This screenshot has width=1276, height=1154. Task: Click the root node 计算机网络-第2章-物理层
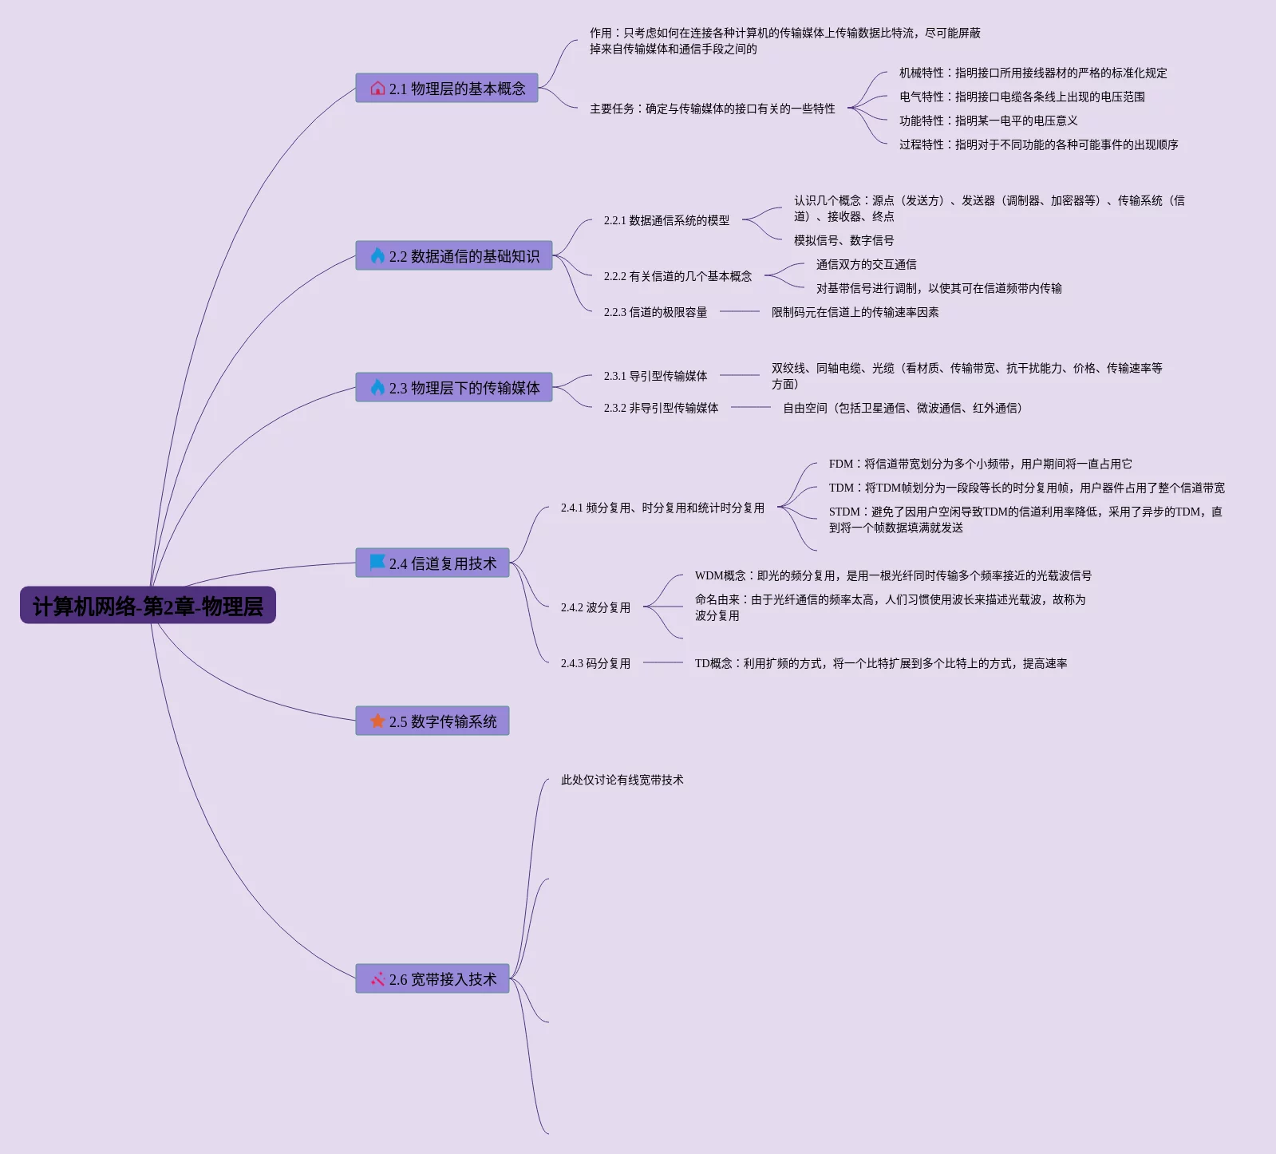coord(148,606)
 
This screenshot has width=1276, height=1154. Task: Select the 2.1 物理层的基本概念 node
coord(447,89)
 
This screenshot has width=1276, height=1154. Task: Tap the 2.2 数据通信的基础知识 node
coord(454,256)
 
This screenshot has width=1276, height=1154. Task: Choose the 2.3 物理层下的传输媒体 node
coord(454,388)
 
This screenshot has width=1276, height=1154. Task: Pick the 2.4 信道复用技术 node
coord(433,563)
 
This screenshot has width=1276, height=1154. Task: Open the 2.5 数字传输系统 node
coord(433,721)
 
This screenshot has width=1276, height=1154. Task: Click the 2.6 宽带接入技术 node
coord(433,979)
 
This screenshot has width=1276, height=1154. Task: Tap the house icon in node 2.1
coord(377,89)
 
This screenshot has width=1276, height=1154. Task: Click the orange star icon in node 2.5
coord(377,721)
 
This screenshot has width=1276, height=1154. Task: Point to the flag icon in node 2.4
coord(377,563)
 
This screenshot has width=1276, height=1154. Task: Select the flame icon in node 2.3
coord(377,388)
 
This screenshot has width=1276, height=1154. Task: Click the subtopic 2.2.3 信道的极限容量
coord(655,312)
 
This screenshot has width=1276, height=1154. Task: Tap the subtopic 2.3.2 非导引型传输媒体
coord(661,408)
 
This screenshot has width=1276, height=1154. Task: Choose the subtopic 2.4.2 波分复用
coord(595,607)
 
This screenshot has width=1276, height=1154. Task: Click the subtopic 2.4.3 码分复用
coord(595,663)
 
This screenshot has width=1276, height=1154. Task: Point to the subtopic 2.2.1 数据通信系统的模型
coord(666,220)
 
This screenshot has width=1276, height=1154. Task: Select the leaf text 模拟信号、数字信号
coord(843,240)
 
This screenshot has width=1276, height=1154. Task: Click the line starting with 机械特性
coord(1033,73)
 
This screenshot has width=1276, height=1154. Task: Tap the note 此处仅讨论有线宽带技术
coord(622,780)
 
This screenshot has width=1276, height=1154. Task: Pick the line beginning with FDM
coord(980,464)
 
